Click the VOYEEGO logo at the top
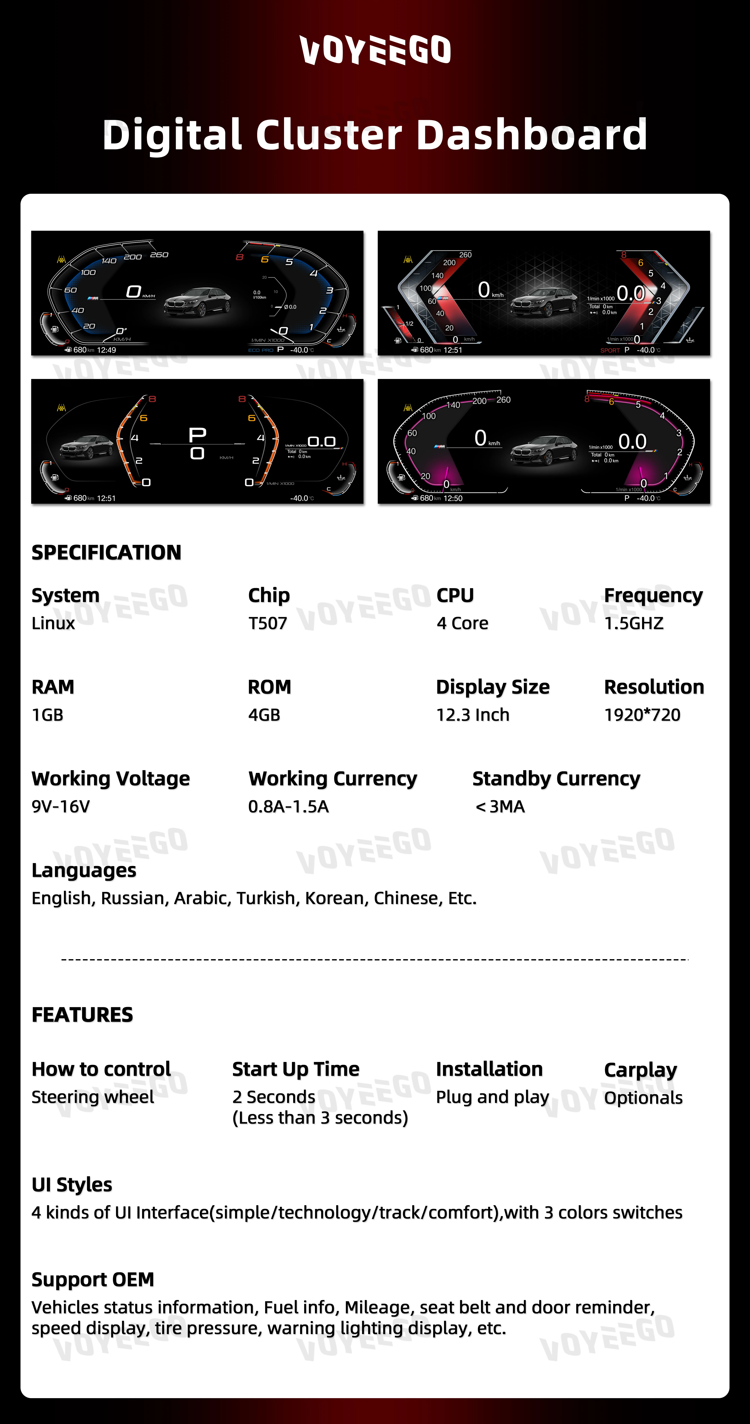coord(375,50)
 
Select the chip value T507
coord(268,623)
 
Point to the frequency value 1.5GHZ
coord(633,623)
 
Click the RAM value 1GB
coord(48,715)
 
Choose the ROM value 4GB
coord(264,715)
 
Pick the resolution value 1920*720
coord(642,715)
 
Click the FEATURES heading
coord(82,1014)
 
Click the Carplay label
coord(640,1070)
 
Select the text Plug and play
coord(492,1097)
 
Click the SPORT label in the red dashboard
coord(610,350)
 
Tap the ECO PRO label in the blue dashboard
coord(261,350)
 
